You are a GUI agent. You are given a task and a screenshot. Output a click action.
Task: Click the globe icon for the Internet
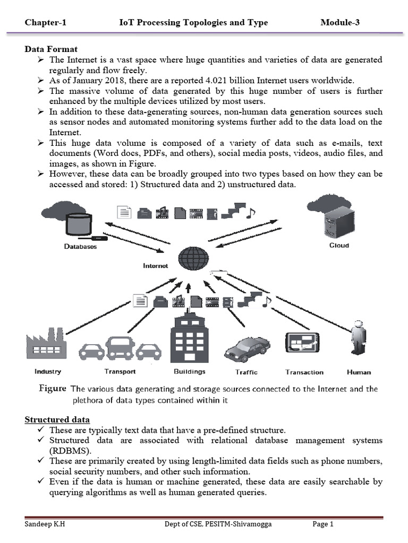(193, 259)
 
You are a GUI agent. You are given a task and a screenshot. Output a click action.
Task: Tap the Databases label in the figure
(80, 246)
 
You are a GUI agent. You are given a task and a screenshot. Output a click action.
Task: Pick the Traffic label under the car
(246, 372)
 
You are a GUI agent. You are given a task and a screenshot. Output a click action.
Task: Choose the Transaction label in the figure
(304, 372)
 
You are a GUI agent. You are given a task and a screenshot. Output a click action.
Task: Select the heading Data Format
(51, 49)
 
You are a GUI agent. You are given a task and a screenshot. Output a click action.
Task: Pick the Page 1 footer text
(322, 524)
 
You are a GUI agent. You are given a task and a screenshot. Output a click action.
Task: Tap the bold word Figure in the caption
(53, 389)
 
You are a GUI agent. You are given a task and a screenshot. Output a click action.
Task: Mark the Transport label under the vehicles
(120, 372)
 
